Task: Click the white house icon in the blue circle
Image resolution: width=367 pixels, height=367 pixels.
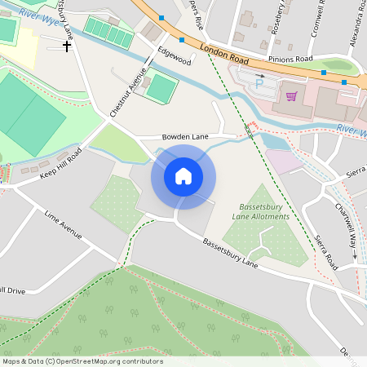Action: [183, 175]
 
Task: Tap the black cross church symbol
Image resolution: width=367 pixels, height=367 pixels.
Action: [67, 46]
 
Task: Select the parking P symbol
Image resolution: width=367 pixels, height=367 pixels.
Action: [259, 82]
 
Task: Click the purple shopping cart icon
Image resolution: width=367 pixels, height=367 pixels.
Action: [291, 95]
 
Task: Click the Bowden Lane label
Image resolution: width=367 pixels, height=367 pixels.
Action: [185, 137]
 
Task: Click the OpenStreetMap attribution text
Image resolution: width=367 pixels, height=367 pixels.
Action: [82, 361]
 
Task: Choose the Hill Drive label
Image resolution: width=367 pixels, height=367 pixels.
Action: [11, 290]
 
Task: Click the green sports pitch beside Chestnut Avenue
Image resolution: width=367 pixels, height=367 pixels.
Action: [161, 86]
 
